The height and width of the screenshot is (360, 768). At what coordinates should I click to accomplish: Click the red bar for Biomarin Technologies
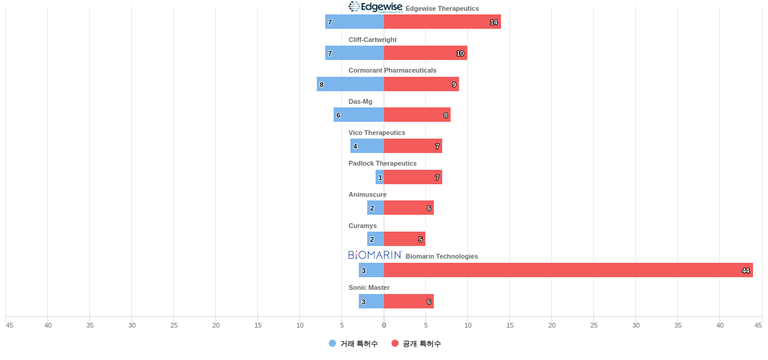[x=568, y=270]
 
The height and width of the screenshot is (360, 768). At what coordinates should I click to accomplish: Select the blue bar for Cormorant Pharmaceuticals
[x=350, y=84]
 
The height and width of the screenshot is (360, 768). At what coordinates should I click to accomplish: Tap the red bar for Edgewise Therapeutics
[x=442, y=22]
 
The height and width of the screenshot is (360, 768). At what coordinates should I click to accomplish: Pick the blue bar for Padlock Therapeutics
[x=380, y=177]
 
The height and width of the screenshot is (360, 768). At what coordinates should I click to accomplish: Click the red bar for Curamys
[x=404, y=239]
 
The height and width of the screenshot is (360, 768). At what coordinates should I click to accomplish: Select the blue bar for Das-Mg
[x=359, y=115]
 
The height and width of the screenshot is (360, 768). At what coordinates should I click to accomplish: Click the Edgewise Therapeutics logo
[x=376, y=7]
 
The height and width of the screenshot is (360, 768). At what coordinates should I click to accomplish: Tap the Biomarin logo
[x=375, y=255]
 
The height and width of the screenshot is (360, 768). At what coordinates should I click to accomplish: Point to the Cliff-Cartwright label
[x=373, y=40]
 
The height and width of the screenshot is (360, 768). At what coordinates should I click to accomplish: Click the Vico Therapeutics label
[x=377, y=133]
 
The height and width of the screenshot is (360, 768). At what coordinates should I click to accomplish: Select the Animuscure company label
[x=367, y=194]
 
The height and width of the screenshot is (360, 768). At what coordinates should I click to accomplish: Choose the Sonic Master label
[x=369, y=287]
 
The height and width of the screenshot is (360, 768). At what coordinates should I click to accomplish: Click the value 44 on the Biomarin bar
[x=746, y=271]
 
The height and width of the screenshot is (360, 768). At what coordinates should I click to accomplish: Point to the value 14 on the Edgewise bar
[x=494, y=22]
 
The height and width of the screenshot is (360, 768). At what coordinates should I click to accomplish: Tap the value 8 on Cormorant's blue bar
[x=322, y=85]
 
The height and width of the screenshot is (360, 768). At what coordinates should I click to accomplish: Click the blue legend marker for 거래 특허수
[x=332, y=343]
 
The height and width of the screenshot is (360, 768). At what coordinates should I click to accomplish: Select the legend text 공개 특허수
[x=422, y=344]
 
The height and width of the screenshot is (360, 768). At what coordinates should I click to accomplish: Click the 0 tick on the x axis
[x=384, y=325]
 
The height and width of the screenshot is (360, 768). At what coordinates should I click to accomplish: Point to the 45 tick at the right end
[x=758, y=325]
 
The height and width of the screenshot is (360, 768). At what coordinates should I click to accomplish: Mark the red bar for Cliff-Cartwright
[x=425, y=53]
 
